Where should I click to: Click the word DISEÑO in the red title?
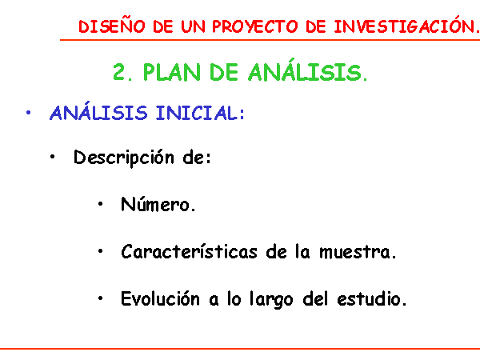112,26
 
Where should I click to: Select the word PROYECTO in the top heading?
254,26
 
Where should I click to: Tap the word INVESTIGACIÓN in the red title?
406,26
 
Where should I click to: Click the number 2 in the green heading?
120,72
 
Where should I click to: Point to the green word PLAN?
171,72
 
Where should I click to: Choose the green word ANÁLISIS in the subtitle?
307,70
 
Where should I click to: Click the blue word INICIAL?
200,113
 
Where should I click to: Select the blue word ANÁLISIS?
98,111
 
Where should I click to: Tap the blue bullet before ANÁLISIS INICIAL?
29,113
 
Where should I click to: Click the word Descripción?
124,158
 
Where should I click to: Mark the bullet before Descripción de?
52,157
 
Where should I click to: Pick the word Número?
158,204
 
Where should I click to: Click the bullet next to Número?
101,204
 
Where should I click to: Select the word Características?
189,251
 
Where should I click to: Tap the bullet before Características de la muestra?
101,251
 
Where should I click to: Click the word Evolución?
160,298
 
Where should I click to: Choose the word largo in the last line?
271,299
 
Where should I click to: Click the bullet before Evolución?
101,298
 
